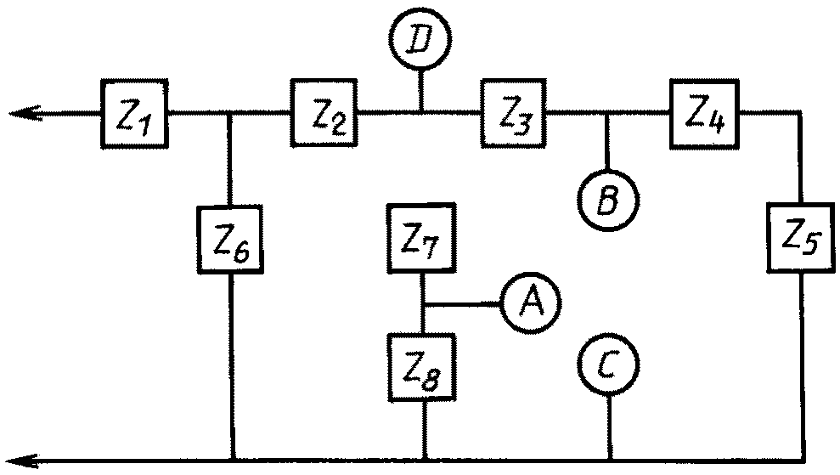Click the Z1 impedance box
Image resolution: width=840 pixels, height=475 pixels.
click(x=134, y=114)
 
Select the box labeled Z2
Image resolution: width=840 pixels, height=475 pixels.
click(x=324, y=113)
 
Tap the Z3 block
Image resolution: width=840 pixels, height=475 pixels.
click(x=514, y=113)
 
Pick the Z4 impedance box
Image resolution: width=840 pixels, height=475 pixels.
click(x=704, y=114)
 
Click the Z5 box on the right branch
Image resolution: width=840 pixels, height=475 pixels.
click(x=801, y=238)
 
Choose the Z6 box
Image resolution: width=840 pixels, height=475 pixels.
click(x=230, y=239)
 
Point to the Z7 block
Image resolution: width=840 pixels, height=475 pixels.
click(x=421, y=239)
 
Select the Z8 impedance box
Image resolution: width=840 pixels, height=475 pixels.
click(x=422, y=367)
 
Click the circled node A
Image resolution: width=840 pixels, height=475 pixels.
click(x=531, y=303)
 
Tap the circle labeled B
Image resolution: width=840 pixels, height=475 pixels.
click(x=609, y=200)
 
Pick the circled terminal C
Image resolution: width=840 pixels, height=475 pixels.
click(x=609, y=364)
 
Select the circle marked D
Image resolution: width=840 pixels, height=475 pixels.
click(x=420, y=39)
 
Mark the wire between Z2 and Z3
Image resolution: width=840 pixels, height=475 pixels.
click(x=419, y=112)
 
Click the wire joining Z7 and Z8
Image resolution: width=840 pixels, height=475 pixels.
click(x=423, y=303)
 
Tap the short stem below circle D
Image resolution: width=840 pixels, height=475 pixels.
click(x=420, y=91)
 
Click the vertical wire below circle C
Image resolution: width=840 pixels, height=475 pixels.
click(x=610, y=427)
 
